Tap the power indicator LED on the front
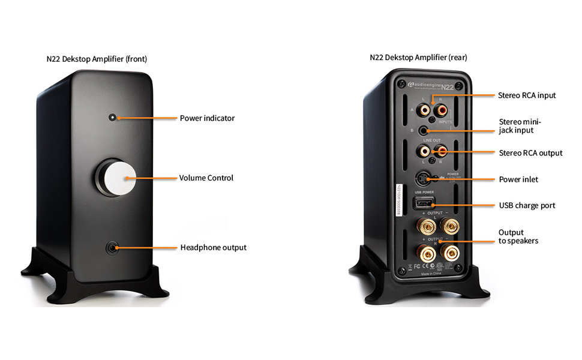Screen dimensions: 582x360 (x=112, y=117)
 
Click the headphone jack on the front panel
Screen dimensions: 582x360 (x=112, y=247)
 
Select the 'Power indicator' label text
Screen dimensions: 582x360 (x=207, y=118)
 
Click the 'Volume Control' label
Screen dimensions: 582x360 (x=206, y=178)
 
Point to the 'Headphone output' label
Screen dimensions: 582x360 (x=213, y=247)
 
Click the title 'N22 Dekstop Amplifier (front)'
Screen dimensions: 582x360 (x=97, y=59)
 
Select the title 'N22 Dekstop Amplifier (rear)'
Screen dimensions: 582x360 (x=418, y=58)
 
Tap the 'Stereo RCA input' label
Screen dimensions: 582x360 (x=527, y=95)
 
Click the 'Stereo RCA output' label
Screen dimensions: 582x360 (x=530, y=153)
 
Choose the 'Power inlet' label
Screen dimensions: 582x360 (x=518, y=179)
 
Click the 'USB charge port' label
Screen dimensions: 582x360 (x=527, y=205)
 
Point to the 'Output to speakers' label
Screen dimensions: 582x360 (x=518, y=236)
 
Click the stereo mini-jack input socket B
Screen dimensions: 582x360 (x=427, y=130)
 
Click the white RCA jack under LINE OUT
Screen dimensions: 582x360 (x=425, y=151)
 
